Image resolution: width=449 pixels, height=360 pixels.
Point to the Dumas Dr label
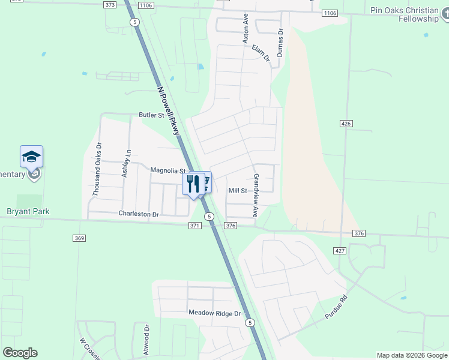280,43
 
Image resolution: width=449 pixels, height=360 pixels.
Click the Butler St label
151,115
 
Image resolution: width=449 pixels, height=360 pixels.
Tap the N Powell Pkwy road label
169,110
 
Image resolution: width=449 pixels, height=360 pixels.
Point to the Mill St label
238,191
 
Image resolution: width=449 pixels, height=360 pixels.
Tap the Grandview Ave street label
256,196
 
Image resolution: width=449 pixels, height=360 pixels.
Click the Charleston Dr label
139,214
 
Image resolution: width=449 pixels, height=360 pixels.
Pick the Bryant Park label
28,211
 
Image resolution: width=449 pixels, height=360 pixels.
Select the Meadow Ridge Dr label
214,313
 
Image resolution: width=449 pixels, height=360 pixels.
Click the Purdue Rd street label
336,307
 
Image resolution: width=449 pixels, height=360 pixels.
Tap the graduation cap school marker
31,158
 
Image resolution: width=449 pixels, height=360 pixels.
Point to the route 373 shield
109,5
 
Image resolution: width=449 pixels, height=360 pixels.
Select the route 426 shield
345,124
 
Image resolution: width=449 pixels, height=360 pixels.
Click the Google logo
20,353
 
